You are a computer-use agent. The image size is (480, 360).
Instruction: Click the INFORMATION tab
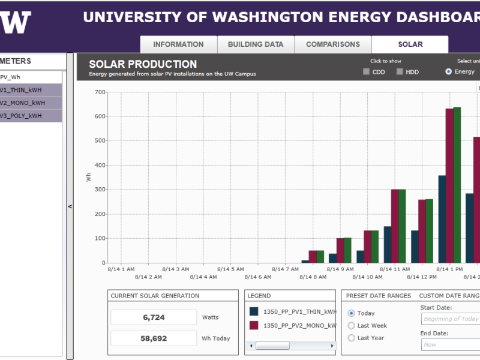click(x=178, y=44)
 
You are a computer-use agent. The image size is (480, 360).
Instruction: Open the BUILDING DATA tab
click(x=255, y=44)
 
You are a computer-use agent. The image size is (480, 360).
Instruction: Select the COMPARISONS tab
click(x=333, y=44)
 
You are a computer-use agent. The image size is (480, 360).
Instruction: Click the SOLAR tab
click(x=410, y=44)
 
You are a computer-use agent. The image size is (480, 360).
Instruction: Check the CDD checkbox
click(x=367, y=72)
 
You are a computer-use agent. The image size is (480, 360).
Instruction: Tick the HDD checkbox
click(x=400, y=72)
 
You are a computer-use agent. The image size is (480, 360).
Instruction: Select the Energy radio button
click(x=449, y=72)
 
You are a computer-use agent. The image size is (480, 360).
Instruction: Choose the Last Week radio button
click(x=352, y=326)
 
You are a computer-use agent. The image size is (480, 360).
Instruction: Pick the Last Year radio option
click(x=352, y=338)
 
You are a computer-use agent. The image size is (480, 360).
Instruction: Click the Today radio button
click(x=352, y=313)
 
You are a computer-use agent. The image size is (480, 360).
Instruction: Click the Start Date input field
click(x=451, y=319)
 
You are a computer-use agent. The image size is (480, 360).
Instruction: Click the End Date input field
click(x=451, y=344)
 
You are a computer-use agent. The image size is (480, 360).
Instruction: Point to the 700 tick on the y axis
click(x=99, y=92)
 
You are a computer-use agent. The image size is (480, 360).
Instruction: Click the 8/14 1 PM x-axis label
click(x=450, y=269)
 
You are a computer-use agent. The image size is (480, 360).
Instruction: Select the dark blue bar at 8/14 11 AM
click(x=388, y=244)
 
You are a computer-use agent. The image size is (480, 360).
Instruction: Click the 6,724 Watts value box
click(x=154, y=317)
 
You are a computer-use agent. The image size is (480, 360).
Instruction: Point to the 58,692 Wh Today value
click(x=154, y=338)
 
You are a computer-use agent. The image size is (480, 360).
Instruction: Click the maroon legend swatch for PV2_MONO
click(x=254, y=325)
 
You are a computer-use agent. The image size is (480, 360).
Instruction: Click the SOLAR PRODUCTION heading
click(x=143, y=64)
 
